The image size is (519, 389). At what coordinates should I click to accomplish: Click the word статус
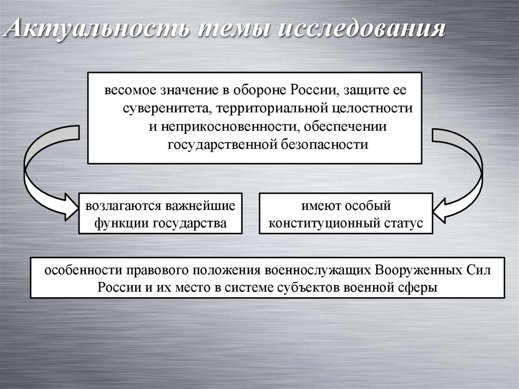point(404,224)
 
